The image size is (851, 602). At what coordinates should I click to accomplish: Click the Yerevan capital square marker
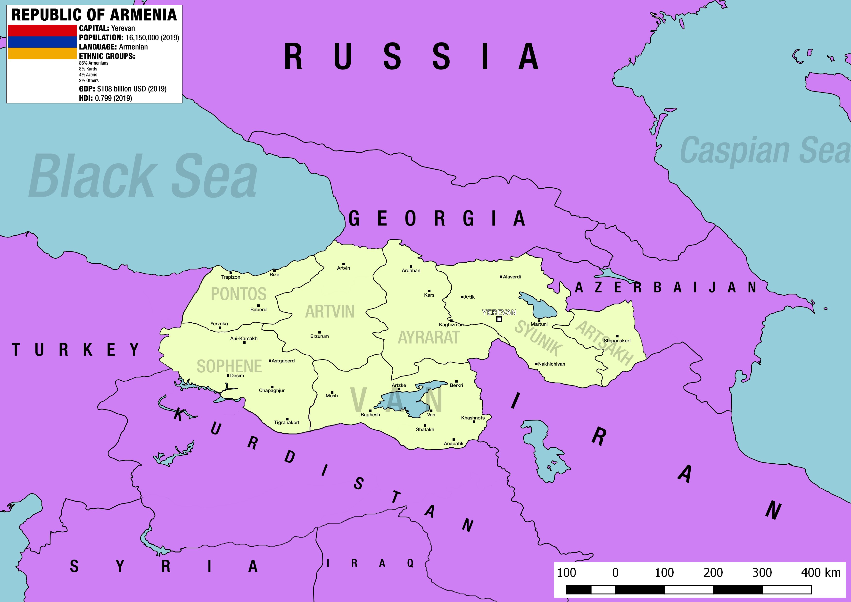pos(499,319)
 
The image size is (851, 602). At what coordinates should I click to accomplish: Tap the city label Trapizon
pos(231,277)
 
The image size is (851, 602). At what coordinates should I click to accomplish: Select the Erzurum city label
pos(319,336)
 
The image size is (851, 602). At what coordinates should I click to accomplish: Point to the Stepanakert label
pos(617,340)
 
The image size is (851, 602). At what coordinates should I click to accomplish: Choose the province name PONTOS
pos(238,294)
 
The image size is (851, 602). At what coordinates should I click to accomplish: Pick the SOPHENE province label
pos(229,366)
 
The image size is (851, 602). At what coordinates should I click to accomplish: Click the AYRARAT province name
pos(429,337)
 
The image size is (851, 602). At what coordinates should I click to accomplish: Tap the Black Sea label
pos(143,176)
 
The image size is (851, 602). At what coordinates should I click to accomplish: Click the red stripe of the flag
pos(42,30)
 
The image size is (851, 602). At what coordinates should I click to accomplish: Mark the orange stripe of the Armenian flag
pos(42,53)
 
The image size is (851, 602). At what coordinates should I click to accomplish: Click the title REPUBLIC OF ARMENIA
pos(94,15)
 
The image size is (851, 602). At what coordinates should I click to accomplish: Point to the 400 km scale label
pos(821,573)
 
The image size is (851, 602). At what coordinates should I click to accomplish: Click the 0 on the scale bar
pos(615,573)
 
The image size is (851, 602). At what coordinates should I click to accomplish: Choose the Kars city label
pos(429,295)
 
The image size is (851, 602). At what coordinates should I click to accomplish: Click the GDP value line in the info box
pos(122,89)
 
